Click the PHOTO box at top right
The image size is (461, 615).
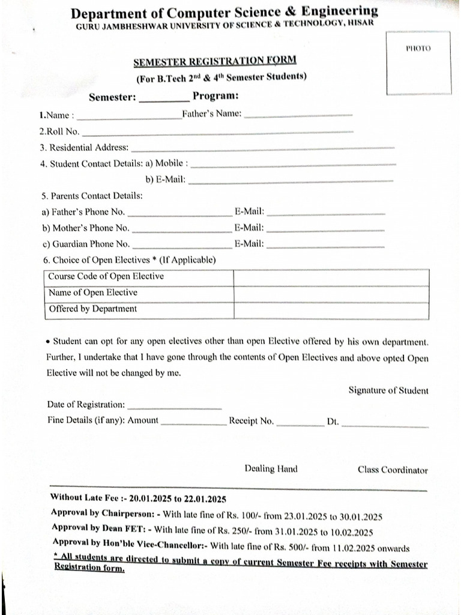(x=418, y=62)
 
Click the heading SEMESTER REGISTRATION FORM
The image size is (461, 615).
(x=214, y=61)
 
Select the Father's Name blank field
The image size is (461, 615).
(x=298, y=115)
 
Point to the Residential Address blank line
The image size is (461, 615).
(x=262, y=148)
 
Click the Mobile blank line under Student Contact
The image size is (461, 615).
(x=294, y=164)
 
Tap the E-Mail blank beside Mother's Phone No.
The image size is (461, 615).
(x=325, y=231)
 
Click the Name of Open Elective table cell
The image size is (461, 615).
(x=93, y=293)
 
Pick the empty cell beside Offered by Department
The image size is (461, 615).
(x=331, y=309)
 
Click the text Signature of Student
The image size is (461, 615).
(x=388, y=390)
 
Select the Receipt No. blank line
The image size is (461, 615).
(x=300, y=424)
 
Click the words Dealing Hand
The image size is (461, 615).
(x=271, y=469)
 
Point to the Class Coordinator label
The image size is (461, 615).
(x=393, y=470)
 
